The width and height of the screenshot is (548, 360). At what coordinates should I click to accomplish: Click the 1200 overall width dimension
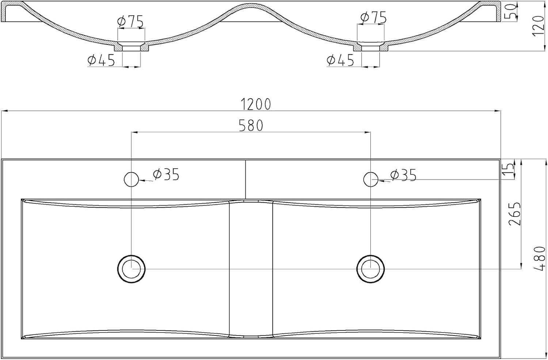[256, 104]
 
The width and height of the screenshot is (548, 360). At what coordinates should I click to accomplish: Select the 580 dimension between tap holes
[251, 126]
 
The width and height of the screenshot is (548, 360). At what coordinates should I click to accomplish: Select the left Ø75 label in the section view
[130, 22]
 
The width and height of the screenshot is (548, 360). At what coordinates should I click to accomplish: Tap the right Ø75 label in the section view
[373, 17]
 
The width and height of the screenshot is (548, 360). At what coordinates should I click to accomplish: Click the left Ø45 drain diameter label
[101, 60]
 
